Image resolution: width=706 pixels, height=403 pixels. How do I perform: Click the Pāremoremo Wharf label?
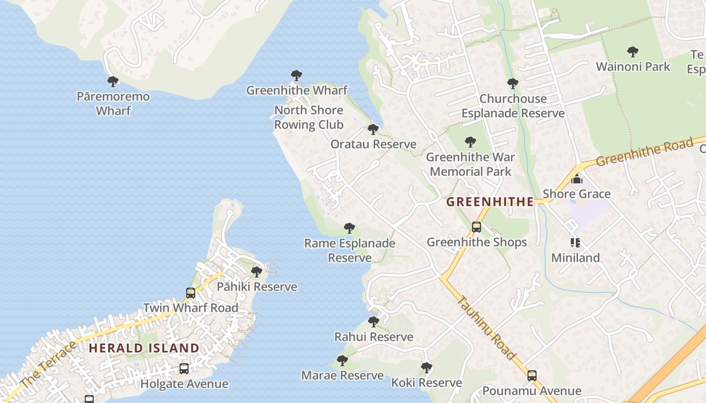113,103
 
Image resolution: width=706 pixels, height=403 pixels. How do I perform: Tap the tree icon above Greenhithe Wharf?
297,76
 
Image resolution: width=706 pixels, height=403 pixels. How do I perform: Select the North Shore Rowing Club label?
309,117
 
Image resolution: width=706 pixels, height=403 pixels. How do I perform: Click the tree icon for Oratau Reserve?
373,129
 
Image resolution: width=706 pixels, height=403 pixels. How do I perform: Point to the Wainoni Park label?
633,66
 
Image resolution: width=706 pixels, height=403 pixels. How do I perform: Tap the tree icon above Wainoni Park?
633,51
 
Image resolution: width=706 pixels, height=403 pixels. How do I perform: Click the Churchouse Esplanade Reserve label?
513,106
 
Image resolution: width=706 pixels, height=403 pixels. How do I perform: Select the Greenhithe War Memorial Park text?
470,164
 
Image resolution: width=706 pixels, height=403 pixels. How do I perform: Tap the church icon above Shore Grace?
576,179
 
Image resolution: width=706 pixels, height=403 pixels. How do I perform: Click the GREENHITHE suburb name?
490,202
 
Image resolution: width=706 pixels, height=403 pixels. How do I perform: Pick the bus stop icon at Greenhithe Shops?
477,227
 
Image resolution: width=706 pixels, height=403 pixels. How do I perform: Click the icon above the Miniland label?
575,243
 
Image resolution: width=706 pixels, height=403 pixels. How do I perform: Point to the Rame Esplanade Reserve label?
349,250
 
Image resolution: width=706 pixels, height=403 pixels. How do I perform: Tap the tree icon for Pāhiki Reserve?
257,272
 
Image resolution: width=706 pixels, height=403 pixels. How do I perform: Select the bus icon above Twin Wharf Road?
191,293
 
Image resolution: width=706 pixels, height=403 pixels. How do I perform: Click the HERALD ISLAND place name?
144,348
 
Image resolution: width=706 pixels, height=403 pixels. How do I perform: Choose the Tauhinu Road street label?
487,327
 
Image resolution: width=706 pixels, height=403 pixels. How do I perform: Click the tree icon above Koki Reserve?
427,368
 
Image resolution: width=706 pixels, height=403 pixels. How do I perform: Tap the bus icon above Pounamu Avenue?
532,375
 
